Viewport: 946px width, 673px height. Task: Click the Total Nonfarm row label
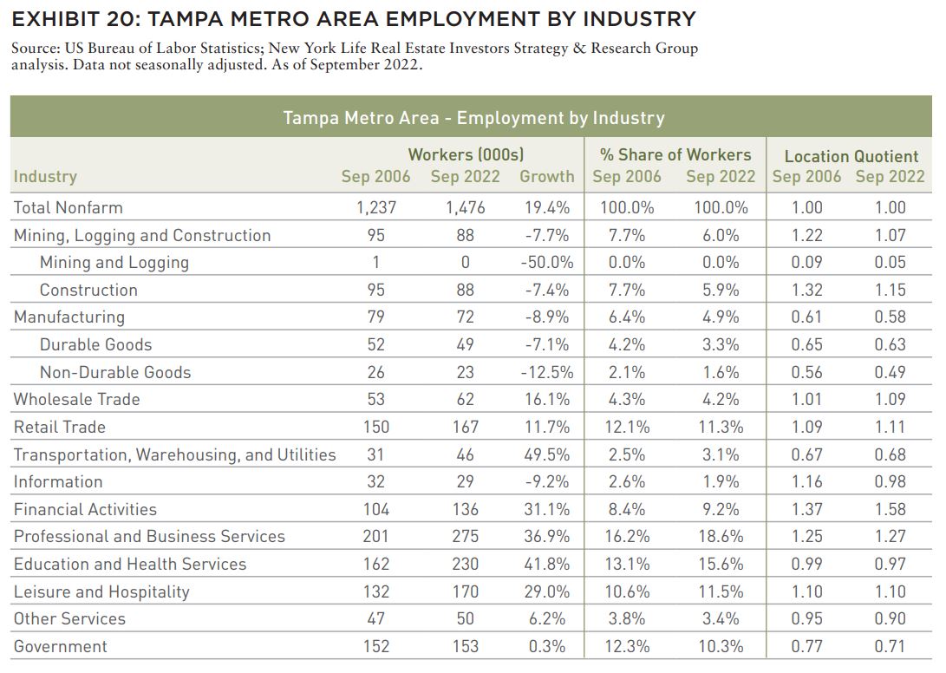(69, 207)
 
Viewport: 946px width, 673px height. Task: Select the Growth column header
(546, 176)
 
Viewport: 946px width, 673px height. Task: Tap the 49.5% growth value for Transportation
(546, 454)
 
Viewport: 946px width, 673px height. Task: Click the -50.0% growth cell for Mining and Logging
(546, 263)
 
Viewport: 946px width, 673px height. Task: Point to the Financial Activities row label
(85, 509)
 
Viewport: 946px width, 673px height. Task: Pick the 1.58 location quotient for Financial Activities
(890, 509)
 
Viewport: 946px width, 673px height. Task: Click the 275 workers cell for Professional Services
(465, 537)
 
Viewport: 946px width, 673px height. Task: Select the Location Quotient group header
(851, 156)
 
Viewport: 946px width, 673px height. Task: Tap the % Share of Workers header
(675, 155)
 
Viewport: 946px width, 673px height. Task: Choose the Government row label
(61, 646)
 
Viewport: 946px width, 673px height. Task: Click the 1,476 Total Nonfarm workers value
(465, 207)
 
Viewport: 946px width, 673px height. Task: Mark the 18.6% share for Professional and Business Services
(721, 537)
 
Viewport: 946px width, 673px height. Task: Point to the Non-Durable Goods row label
(115, 372)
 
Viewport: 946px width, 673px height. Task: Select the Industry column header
(45, 176)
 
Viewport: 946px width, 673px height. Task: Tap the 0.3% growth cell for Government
(546, 646)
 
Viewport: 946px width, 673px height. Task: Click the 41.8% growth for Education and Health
(546, 565)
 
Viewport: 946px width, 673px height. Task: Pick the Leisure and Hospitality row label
(101, 592)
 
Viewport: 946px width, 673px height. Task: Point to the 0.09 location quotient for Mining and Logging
(806, 263)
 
